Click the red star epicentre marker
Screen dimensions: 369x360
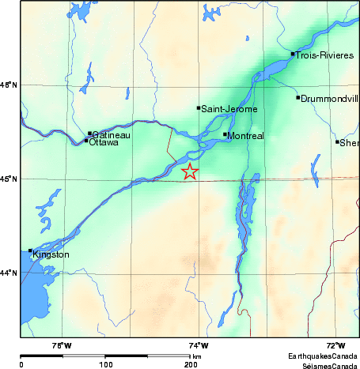(190, 171)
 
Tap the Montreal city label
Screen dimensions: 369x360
(245, 136)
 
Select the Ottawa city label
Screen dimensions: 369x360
(104, 143)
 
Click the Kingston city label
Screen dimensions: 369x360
(51, 254)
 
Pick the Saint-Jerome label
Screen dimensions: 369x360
(229, 109)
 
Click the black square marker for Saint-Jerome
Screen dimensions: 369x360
(199, 107)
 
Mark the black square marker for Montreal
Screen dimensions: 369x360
(225, 134)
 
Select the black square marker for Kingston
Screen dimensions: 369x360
(30, 250)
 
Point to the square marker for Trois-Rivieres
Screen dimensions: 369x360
(293, 54)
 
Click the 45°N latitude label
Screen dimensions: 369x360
(9, 179)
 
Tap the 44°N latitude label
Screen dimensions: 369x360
(9, 273)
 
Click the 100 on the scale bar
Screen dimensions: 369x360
(105, 364)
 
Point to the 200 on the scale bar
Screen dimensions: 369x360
(190, 364)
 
